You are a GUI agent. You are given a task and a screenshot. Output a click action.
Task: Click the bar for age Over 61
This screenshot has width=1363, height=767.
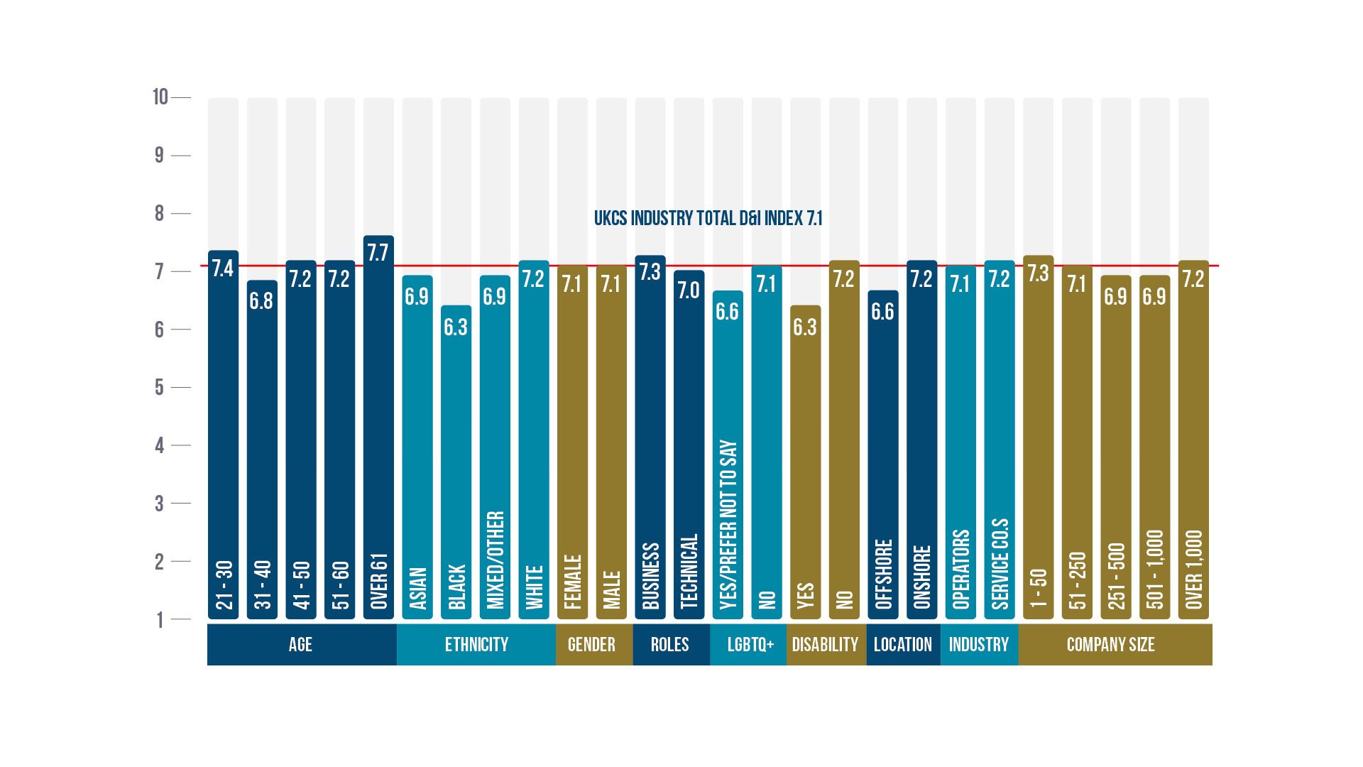coord(378,426)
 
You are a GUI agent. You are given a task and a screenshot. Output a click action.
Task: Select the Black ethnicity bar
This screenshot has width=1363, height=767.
coord(456,462)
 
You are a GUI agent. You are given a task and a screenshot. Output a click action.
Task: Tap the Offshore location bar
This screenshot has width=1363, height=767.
coord(883,455)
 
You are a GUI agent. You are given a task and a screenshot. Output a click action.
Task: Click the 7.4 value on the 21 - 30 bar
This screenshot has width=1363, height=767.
coord(223,268)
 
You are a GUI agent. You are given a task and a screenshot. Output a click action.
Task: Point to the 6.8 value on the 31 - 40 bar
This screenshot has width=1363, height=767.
coord(261,301)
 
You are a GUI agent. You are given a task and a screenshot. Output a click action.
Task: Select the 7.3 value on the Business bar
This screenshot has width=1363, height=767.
coord(650,272)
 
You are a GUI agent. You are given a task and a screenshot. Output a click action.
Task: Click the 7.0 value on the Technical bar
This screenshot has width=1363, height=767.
coord(689,290)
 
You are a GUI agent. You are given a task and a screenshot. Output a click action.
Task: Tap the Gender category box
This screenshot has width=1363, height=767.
coord(591,644)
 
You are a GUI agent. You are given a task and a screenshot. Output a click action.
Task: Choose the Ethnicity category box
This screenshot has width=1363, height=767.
coord(476,644)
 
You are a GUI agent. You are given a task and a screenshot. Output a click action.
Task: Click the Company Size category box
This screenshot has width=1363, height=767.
coord(1111,644)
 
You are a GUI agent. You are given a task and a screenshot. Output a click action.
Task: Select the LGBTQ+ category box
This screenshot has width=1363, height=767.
coord(750,644)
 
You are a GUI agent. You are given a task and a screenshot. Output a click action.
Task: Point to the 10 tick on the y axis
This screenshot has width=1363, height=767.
coord(160,97)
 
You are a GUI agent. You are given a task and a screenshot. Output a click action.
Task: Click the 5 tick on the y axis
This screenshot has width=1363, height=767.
coord(160,388)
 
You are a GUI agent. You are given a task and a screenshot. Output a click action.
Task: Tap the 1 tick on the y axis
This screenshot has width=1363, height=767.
coord(160,620)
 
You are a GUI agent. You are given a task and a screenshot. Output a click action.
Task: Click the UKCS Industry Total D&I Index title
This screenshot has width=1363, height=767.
coord(708,218)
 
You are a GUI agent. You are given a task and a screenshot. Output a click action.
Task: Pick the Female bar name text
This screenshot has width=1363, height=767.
coord(573,582)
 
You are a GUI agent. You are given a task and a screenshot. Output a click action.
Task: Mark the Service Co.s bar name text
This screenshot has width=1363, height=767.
coord(1000,564)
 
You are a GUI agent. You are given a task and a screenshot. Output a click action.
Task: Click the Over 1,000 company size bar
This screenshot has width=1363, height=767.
coord(1193,440)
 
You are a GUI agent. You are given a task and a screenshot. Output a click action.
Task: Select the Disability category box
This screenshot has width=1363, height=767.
coord(825,644)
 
